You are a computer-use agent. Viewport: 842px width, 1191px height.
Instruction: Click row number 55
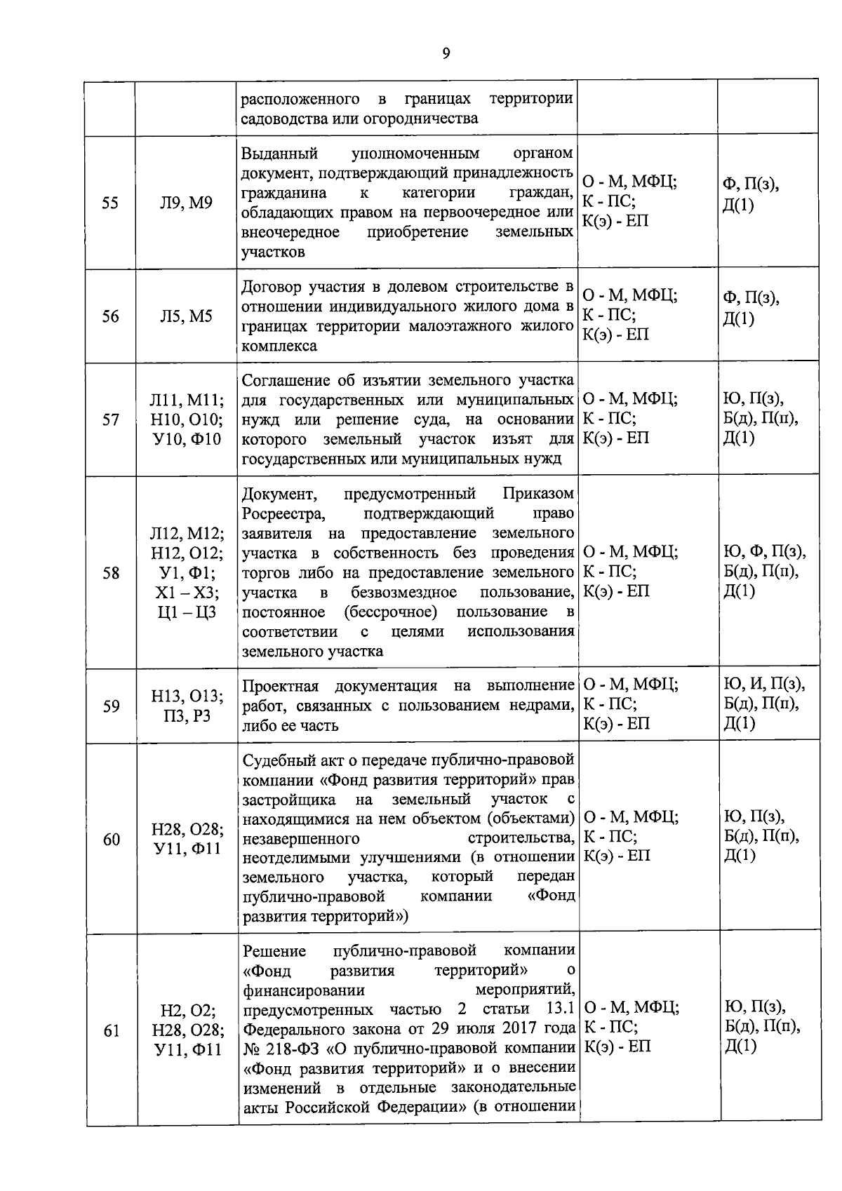tap(110, 203)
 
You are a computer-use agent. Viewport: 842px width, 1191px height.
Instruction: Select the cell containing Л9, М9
tap(186, 203)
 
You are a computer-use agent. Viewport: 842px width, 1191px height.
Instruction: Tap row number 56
tap(110, 317)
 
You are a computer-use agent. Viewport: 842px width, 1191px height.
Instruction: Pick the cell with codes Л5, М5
tap(186, 317)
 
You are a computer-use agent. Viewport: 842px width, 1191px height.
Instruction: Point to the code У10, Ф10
tap(187, 440)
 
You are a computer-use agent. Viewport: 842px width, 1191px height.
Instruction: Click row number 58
tap(111, 573)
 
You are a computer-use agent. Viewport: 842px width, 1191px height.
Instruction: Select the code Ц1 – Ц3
tap(187, 612)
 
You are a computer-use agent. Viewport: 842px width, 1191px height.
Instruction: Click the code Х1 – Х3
tap(187, 593)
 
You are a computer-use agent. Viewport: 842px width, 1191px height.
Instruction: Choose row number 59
tap(111, 706)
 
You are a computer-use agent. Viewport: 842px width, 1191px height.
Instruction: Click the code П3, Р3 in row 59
tap(187, 716)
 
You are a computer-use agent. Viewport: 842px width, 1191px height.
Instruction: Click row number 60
tap(111, 840)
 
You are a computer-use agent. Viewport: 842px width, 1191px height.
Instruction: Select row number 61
tap(111, 1031)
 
